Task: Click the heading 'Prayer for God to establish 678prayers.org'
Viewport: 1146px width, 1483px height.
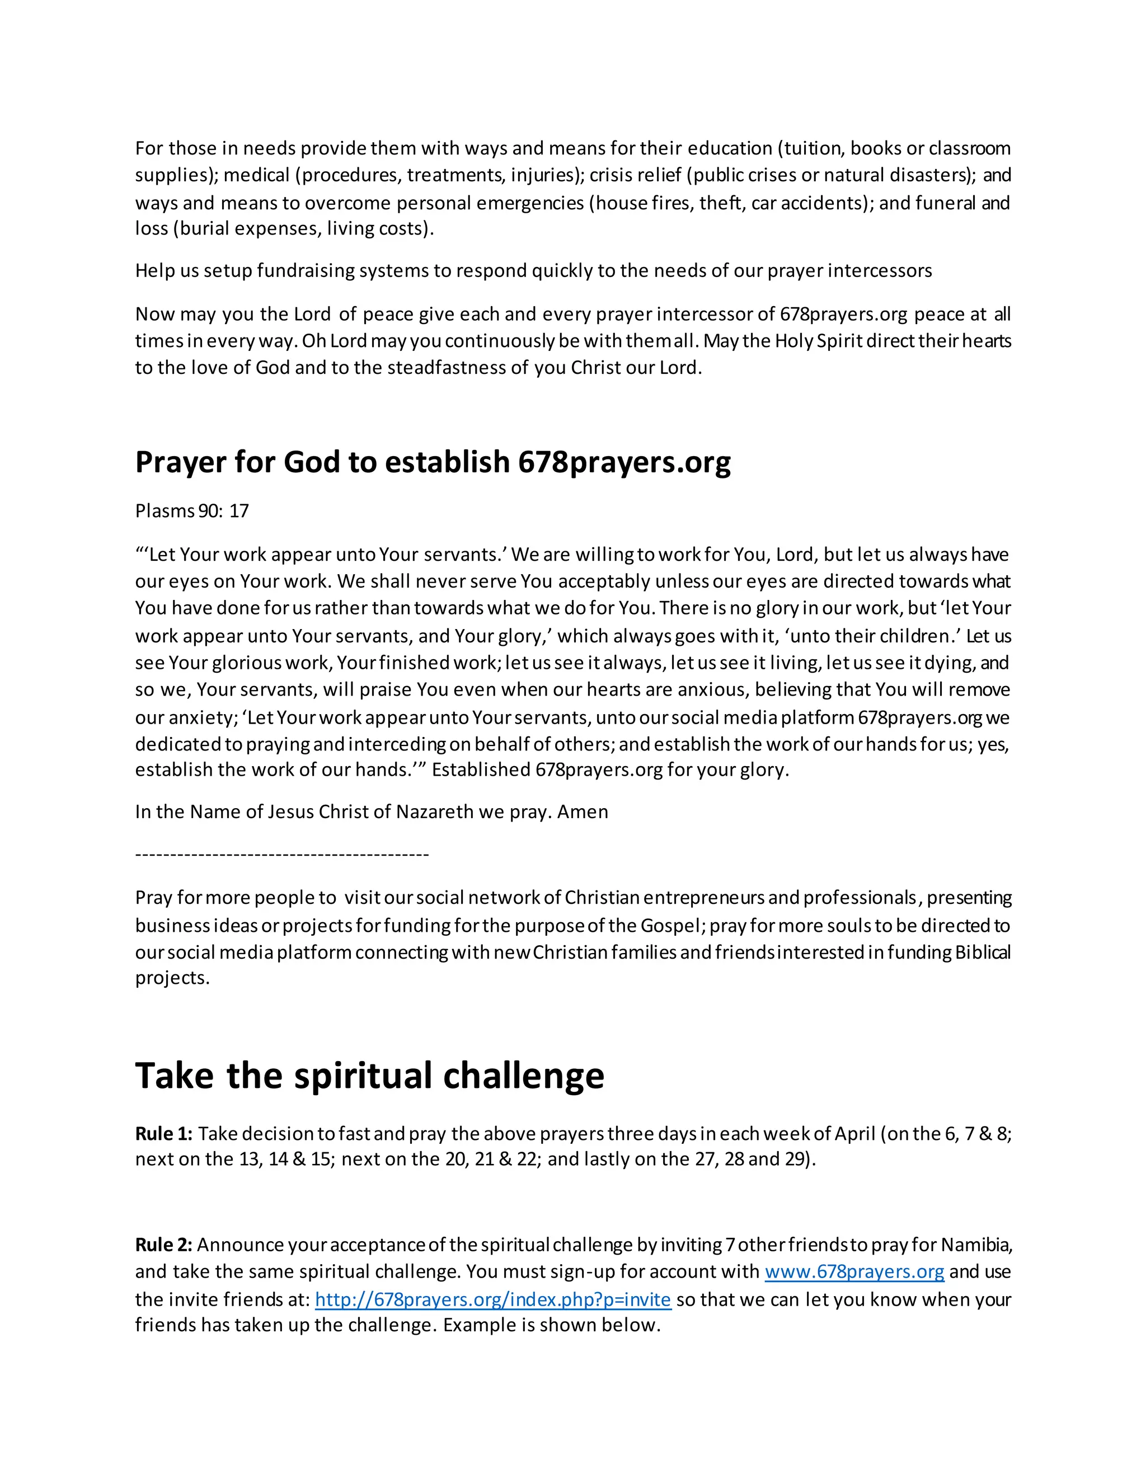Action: tap(433, 462)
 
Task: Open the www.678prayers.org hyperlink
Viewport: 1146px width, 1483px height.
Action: tap(854, 1272)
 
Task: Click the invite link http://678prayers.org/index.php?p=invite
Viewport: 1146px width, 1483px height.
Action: tap(493, 1299)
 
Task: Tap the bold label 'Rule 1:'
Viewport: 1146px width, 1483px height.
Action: tap(163, 1134)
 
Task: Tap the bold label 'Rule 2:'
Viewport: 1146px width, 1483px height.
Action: tap(163, 1245)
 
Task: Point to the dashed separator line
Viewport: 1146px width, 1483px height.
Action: tap(282, 854)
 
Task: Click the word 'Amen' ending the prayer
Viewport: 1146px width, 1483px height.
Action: tap(583, 812)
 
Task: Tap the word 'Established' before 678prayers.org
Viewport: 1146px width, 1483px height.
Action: tap(481, 770)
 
